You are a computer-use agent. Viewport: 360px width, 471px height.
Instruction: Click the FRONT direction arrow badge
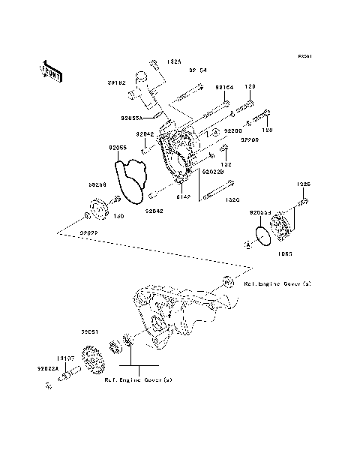[50, 70]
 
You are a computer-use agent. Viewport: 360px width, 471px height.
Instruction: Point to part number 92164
[225, 88]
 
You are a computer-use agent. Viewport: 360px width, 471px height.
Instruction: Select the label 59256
[76, 183]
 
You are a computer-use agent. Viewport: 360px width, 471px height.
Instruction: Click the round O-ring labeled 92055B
[262, 235]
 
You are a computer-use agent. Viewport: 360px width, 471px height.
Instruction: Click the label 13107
[70, 358]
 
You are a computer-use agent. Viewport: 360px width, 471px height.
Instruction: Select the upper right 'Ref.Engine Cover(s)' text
[277, 284]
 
